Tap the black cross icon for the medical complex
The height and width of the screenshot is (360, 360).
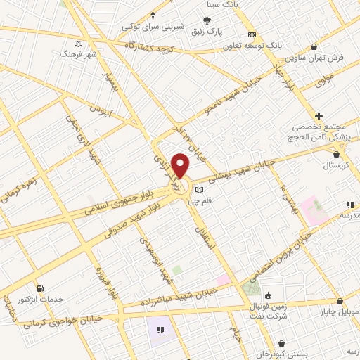point(319,116)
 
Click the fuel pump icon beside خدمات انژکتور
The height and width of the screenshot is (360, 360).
point(39,288)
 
